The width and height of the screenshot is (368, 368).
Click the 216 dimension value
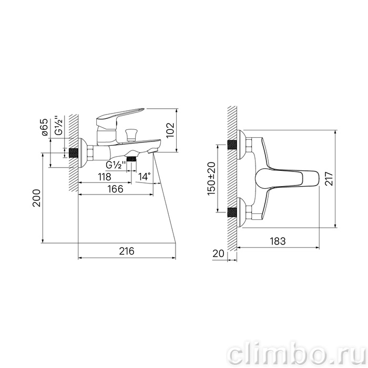(127, 251)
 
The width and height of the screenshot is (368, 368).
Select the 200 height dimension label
(37, 198)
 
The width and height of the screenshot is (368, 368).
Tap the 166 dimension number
(116, 189)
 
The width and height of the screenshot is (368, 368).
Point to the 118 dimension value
(105, 177)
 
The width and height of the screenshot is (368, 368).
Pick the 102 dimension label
(170, 130)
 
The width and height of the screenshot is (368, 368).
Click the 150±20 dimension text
(211, 178)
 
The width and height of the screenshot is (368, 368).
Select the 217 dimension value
(329, 179)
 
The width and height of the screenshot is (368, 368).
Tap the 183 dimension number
(278, 241)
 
